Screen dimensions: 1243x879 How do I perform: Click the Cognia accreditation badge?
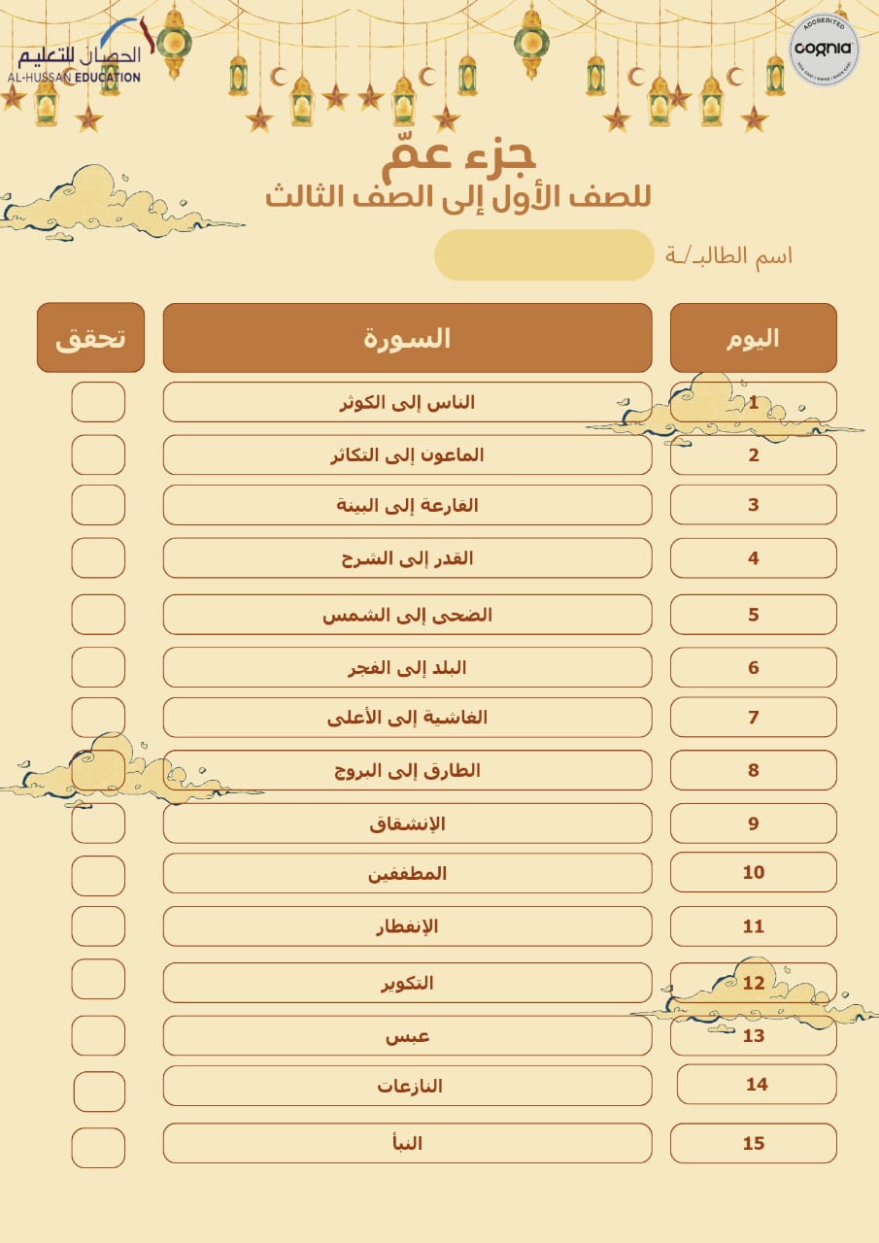tap(824, 50)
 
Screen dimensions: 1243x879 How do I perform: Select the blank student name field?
tap(544, 255)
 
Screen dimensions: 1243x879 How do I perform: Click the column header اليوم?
tap(753, 338)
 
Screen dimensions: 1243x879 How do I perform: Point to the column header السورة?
tap(407, 338)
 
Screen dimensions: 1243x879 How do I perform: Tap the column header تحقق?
tap(90, 338)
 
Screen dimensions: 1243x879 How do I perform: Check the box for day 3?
tap(98, 505)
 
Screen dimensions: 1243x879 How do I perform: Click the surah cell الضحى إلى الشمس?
tap(407, 615)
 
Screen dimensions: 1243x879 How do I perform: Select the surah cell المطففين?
tap(407, 873)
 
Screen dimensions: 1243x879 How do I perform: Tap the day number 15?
tap(753, 1143)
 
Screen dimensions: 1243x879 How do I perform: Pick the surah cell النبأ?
tap(407, 1143)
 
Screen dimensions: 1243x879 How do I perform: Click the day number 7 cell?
tap(753, 718)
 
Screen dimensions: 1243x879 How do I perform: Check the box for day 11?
tap(98, 926)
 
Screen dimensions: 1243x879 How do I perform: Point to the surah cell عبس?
tap(407, 1035)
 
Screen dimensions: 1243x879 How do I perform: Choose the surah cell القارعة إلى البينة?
tap(407, 505)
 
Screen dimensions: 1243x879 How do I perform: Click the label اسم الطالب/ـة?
tap(728, 255)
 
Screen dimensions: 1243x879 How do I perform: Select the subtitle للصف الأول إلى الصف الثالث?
tap(457, 196)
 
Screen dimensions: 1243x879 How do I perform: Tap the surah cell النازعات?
tap(407, 1085)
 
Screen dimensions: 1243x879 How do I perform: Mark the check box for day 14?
tap(99, 1092)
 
